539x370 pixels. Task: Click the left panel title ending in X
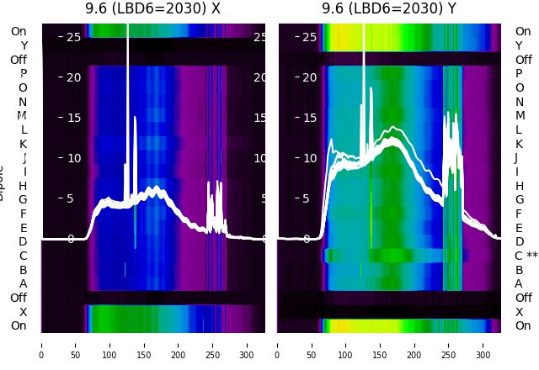tap(152, 8)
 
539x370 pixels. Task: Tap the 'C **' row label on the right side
tap(526, 256)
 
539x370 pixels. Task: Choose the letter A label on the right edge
tap(519, 283)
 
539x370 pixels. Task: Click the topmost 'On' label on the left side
tap(19, 32)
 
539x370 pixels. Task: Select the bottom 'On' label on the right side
tap(523, 325)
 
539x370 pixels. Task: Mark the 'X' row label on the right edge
tap(519, 312)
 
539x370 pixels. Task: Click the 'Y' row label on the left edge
tap(24, 45)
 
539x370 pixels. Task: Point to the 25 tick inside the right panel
tap(310, 37)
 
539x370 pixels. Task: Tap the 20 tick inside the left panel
tap(73, 77)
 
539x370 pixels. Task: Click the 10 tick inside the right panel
tap(310, 158)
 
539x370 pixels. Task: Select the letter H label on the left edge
tap(23, 186)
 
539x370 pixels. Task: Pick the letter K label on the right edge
tap(519, 144)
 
